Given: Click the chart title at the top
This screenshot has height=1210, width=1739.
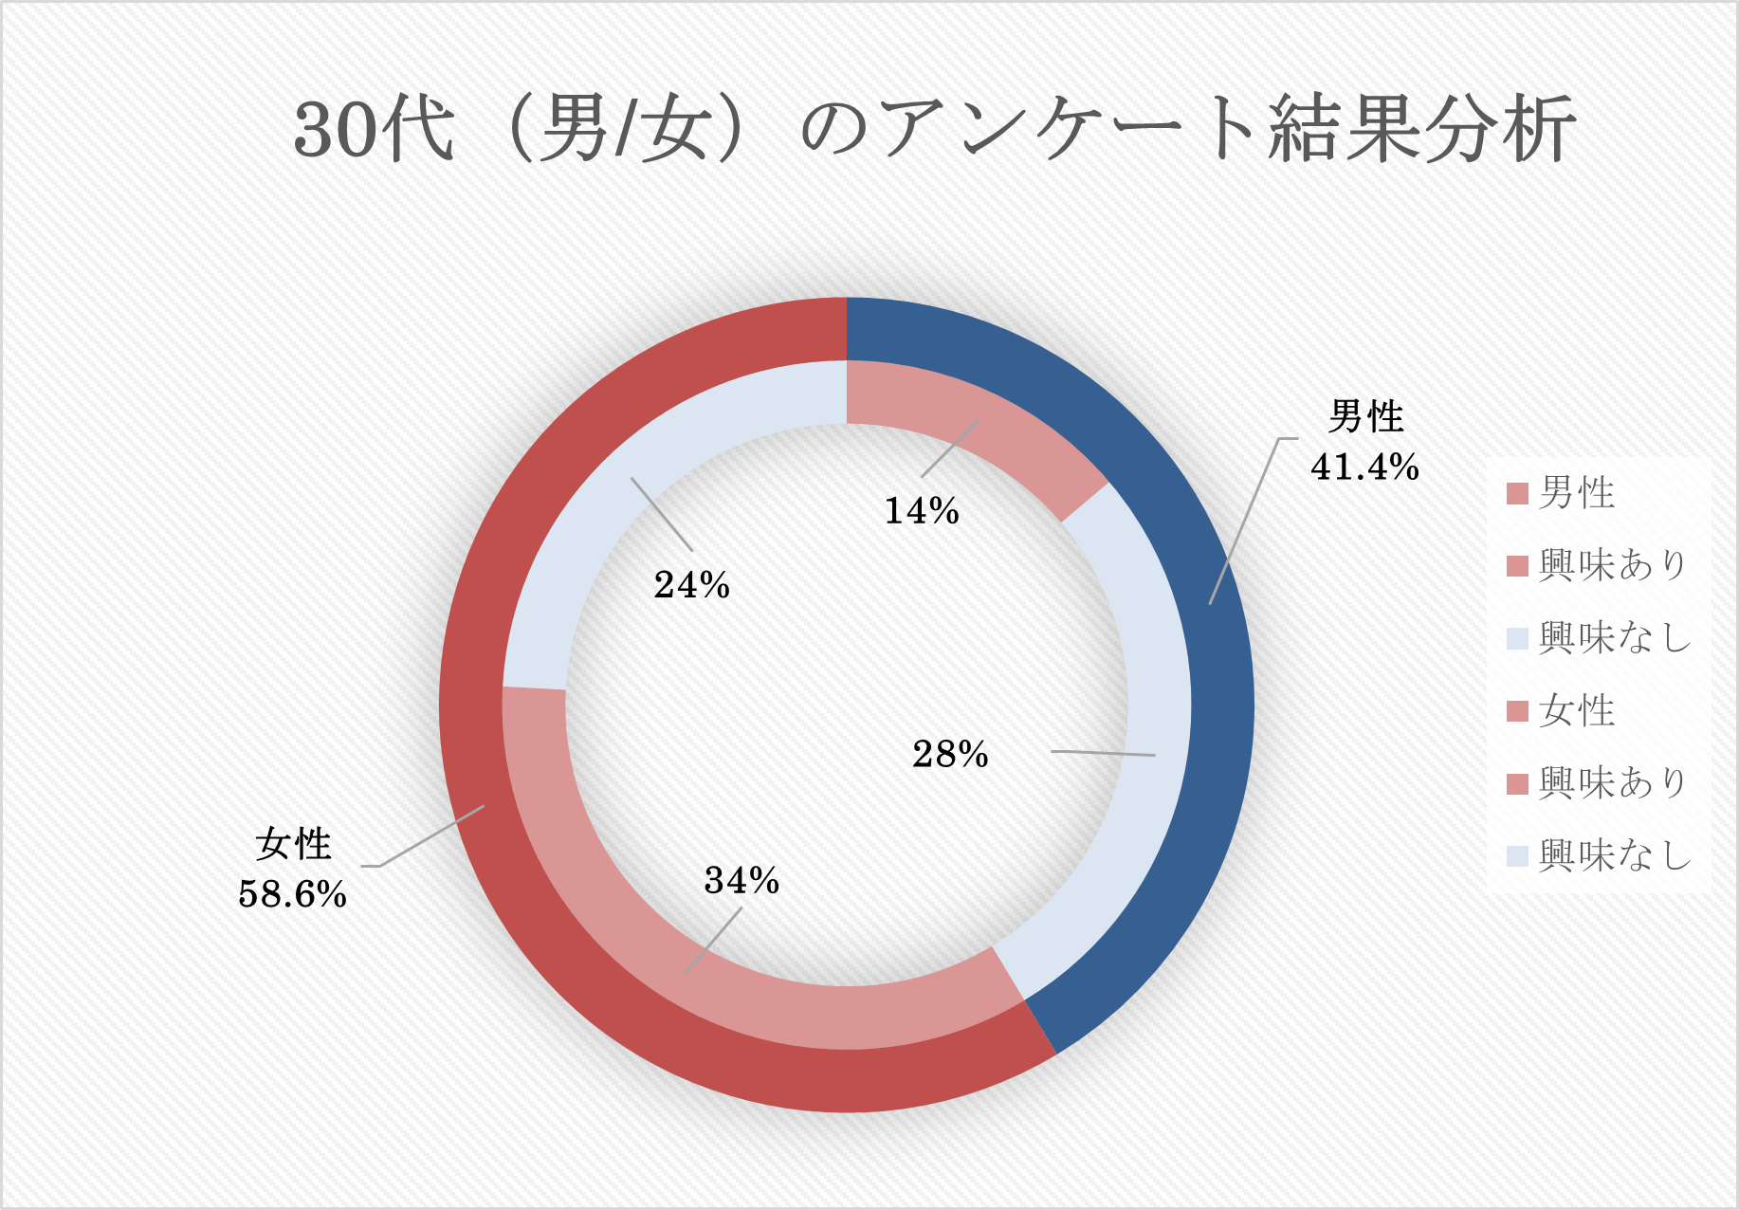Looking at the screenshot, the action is coord(934,129).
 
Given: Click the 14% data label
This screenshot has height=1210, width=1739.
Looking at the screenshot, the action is coord(922,511).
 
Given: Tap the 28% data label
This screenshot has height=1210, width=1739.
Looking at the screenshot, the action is coord(950,754).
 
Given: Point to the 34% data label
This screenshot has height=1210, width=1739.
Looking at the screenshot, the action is coord(741,881).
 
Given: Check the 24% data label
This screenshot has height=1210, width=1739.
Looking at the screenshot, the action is coord(692,585).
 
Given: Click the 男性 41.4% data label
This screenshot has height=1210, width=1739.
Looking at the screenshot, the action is coord(1365,442).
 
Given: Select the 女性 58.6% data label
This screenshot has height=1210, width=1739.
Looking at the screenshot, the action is coord(293,869).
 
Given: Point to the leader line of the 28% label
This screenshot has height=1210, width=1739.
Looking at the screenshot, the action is coord(1103,753).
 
